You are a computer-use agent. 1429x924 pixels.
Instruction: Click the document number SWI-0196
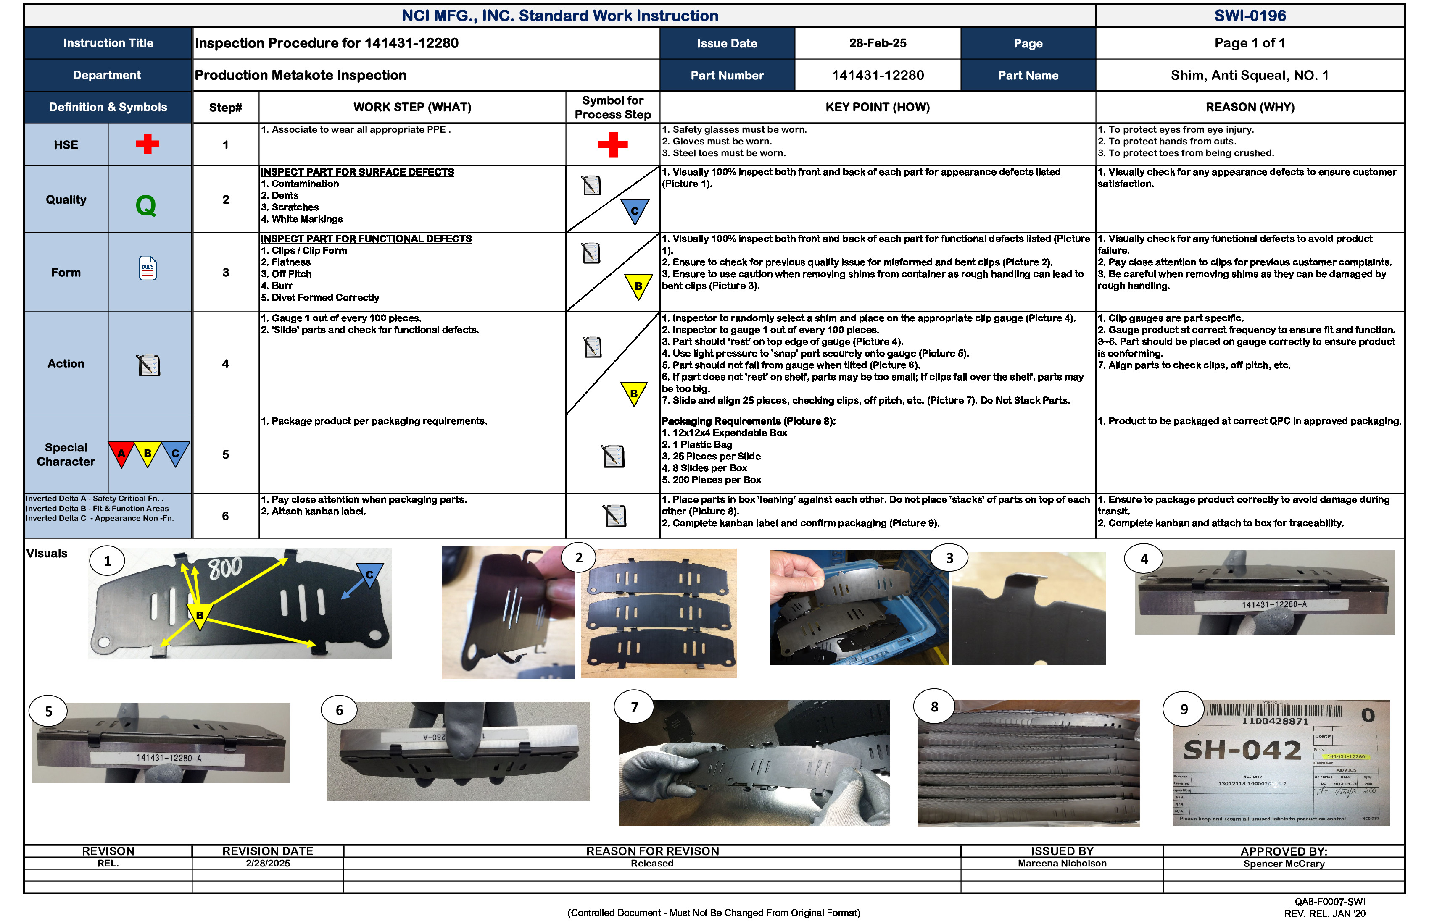click(x=1250, y=16)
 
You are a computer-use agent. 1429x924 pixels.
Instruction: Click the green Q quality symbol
click(x=146, y=206)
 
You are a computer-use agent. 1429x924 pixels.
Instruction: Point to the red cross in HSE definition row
click(x=147, y=144)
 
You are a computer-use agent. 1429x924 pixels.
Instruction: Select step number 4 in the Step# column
click(x=225, y=364)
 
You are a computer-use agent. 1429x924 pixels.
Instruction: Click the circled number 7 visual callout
click(x=634, y=707)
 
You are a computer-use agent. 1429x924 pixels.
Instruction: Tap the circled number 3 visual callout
click(x=949, y=558)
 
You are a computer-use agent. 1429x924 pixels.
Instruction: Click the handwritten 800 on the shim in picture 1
click(x=225, y=567)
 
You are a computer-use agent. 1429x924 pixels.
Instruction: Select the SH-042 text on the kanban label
click(x=1241, y=750)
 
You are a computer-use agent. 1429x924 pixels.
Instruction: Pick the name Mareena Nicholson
click(x=1062, y=864)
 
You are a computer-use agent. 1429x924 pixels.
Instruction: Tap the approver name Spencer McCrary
click(x=1283, y=864)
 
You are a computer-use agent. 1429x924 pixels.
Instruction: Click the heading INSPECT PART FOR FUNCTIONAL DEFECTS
click(x=366, y=239)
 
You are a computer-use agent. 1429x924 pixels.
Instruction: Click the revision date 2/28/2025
click(x=268, y=864)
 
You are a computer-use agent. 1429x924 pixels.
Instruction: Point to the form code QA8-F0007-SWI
click(x=1329, y=902)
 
